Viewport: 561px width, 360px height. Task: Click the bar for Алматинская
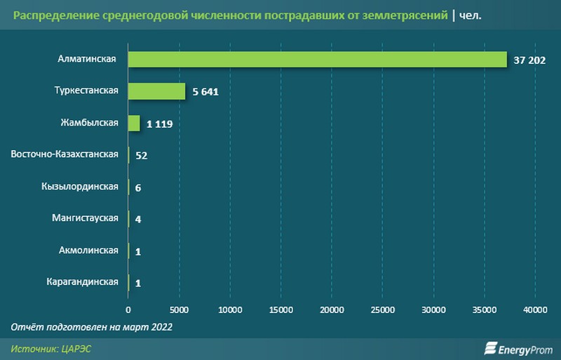click(x=317, y=59)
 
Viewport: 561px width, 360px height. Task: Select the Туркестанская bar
click(x=157, y=91)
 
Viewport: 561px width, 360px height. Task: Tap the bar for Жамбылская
click(x=134, y=123)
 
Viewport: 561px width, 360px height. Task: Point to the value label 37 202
click(x=529, y=60)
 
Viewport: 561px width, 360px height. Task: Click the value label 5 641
click(x=206, y=92)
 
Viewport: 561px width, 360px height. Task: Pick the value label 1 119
click(x=160, y=124)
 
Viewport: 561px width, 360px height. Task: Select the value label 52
click(x=141, y=155)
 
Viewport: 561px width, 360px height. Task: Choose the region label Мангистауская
click(x=84, y=218)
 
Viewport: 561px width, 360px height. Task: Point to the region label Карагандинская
click(x=82, y=281)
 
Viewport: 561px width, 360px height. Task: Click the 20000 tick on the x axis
click(x=332, y=308)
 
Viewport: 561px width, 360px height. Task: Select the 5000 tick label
click(x=180, y=308)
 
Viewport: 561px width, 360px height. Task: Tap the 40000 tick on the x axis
click(x=535, y=308)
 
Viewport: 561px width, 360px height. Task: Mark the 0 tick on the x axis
click(x=128, y=308)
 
